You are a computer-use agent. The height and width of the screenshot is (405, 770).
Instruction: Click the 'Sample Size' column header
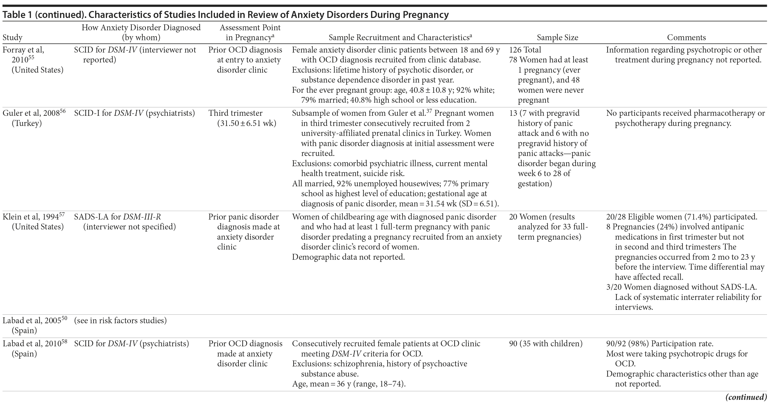[x=557, y=38]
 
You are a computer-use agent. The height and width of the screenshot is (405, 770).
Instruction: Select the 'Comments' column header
[x=686, y=38]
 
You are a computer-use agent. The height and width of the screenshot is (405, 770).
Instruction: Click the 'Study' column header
[x=12, y=38]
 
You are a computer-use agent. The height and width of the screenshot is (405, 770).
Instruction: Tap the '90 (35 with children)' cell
[x=545, y=344]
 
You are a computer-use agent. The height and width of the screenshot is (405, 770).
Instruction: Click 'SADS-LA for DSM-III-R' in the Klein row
[x=118, y=217]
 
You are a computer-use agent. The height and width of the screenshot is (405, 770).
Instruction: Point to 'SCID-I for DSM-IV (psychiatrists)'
[x=134, y=113]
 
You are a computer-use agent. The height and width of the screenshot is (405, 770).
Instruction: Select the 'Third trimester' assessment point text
[x=235, y=113]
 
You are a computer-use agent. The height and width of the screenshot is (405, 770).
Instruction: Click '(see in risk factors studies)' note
[x=120, y=321]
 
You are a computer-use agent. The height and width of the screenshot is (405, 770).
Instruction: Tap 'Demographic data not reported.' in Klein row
[x=348, y=257]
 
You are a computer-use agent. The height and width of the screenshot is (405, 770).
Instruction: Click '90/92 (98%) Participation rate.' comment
[x=660, y=344]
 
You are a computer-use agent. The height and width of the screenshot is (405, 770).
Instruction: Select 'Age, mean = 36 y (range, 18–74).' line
[x=349, y=384]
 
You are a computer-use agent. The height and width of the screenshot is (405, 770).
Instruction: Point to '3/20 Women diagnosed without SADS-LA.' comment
[x=681, y=287]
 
